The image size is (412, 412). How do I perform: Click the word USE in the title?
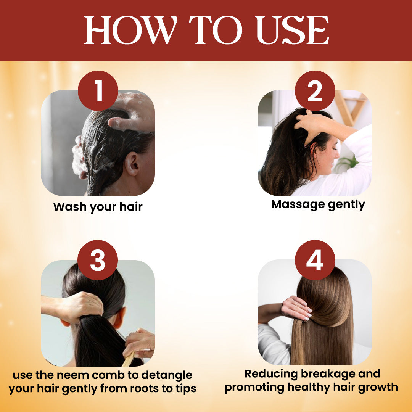pyautogui.click(x=293, y=30)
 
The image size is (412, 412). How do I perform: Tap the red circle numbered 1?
pyautogui.click(x=98, y=91)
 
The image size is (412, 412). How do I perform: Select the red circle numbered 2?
pyautogui.click(x=315, y=91)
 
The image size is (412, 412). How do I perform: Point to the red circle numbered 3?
pyautogui.click(x=98, y=260)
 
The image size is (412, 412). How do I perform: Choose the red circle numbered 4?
pyautogui.click(x=315, y=260)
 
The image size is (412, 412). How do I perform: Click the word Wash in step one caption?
pyautogui.click(x=70, y=206)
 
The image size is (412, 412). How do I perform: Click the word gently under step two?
pyautogui.click(x=346, y=205)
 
